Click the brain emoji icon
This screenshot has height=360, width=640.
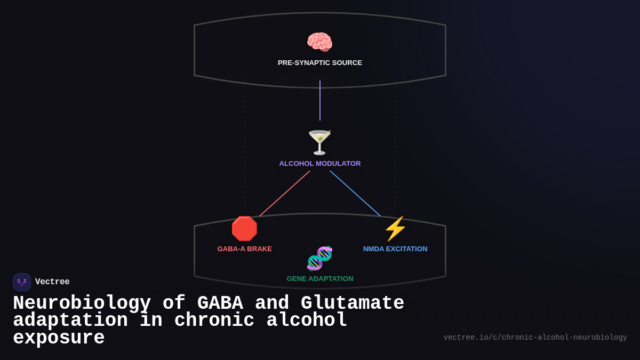319,42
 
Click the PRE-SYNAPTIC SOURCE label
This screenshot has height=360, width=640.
319,63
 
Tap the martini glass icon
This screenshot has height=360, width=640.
319,142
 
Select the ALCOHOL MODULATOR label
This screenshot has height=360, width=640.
319,164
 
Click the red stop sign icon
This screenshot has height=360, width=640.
244,228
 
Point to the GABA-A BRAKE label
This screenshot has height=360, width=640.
244,249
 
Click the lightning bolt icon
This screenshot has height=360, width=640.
395,228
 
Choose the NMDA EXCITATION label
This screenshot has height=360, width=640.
395,249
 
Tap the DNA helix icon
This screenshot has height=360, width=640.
319,258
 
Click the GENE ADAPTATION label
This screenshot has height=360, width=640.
319,279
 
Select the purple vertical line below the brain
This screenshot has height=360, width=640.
320,100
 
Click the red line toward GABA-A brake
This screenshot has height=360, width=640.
285,194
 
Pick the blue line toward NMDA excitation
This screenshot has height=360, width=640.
355,194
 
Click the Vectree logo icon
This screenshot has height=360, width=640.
22,282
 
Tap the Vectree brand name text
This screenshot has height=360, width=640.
52,282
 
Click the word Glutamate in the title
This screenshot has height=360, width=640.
352,303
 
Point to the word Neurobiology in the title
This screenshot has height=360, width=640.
82,303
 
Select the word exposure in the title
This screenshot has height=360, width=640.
59,338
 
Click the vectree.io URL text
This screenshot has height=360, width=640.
535,338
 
